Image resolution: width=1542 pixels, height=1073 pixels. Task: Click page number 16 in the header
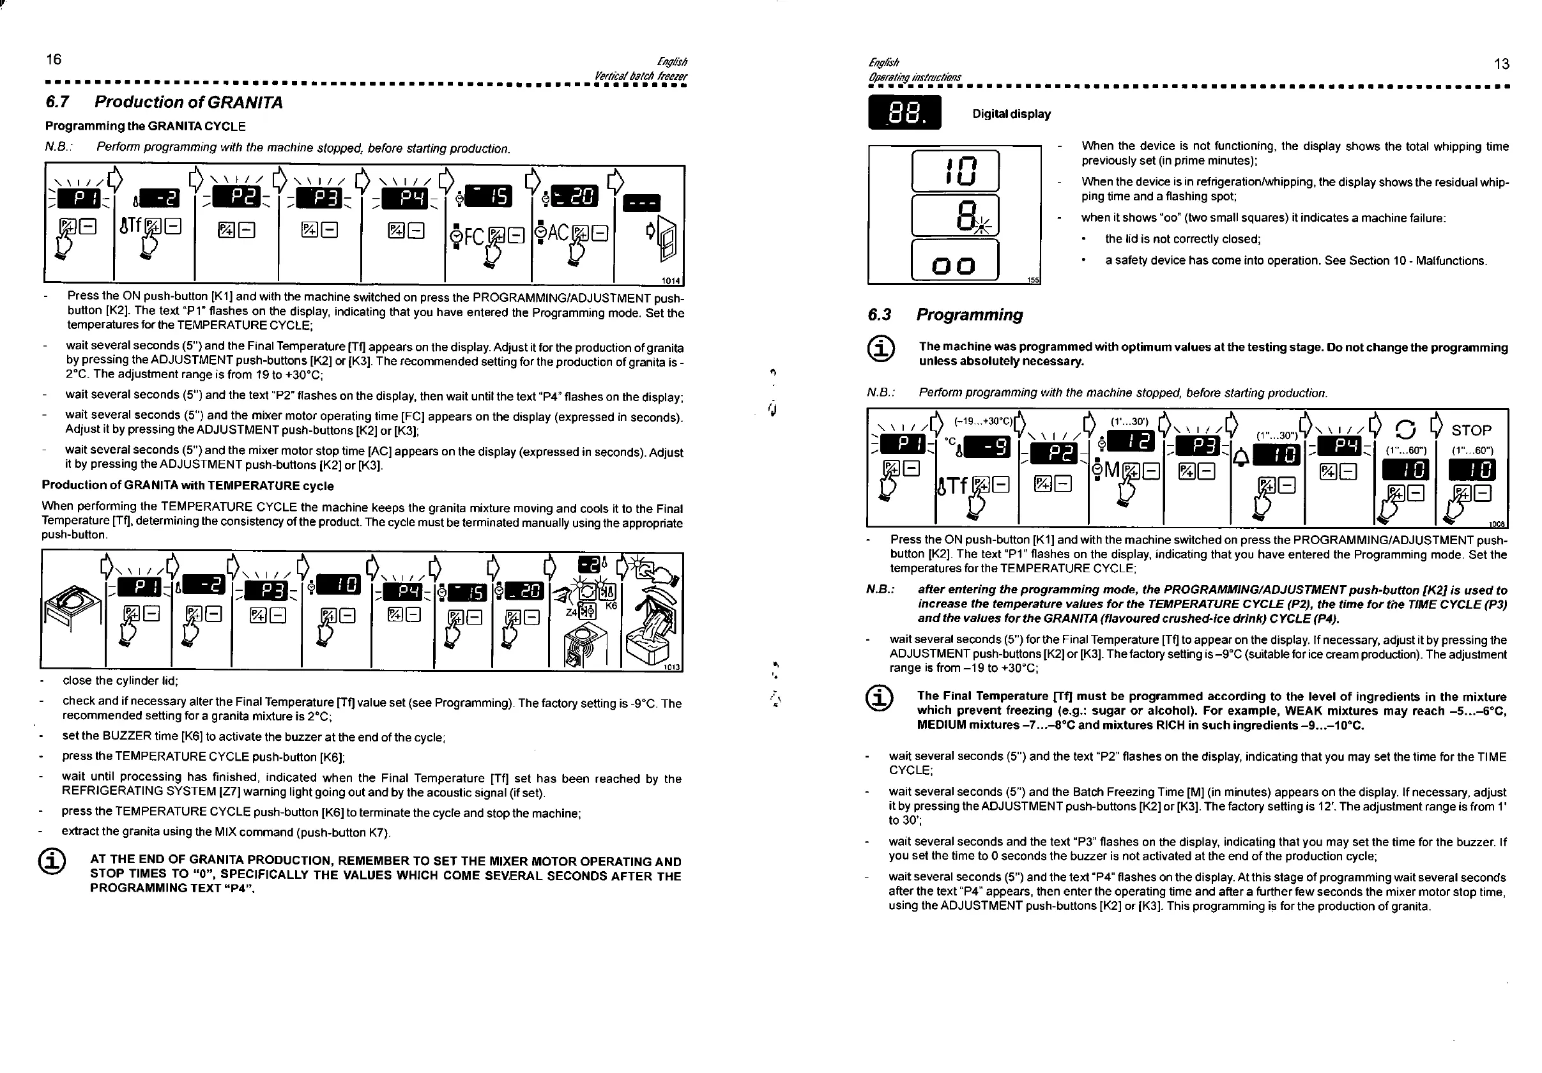[x=54, y=59]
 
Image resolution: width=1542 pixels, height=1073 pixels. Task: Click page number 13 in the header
[x=1502, y=64]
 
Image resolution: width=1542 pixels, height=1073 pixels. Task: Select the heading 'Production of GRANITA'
[x=188, y=102]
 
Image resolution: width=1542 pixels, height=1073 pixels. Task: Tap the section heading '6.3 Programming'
[x=945, y=315]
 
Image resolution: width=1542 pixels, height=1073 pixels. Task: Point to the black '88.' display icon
[x=905, y=112]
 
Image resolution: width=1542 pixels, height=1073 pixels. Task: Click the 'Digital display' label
[x=1011, y=114]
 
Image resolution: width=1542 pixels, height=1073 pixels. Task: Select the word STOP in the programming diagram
[x=1471, y=430]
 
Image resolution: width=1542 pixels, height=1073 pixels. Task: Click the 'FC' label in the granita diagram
[x=473, y=236]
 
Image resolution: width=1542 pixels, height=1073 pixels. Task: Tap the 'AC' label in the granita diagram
[x=558, y=233]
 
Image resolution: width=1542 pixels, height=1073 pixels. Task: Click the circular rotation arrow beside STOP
[x=1406, y=429]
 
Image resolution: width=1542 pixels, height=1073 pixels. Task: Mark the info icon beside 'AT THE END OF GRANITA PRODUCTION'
[x=54, y=862]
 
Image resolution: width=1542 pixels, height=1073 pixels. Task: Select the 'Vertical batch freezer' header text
[x=641, y=76]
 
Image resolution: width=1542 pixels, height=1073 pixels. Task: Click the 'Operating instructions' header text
[x=915, y=77]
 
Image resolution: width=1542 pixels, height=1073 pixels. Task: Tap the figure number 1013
[x=672, y=667]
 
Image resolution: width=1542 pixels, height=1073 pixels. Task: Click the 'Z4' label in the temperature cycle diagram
[x=571, y=612]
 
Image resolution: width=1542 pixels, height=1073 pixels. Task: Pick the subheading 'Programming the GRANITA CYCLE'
[x=145, y=126]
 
